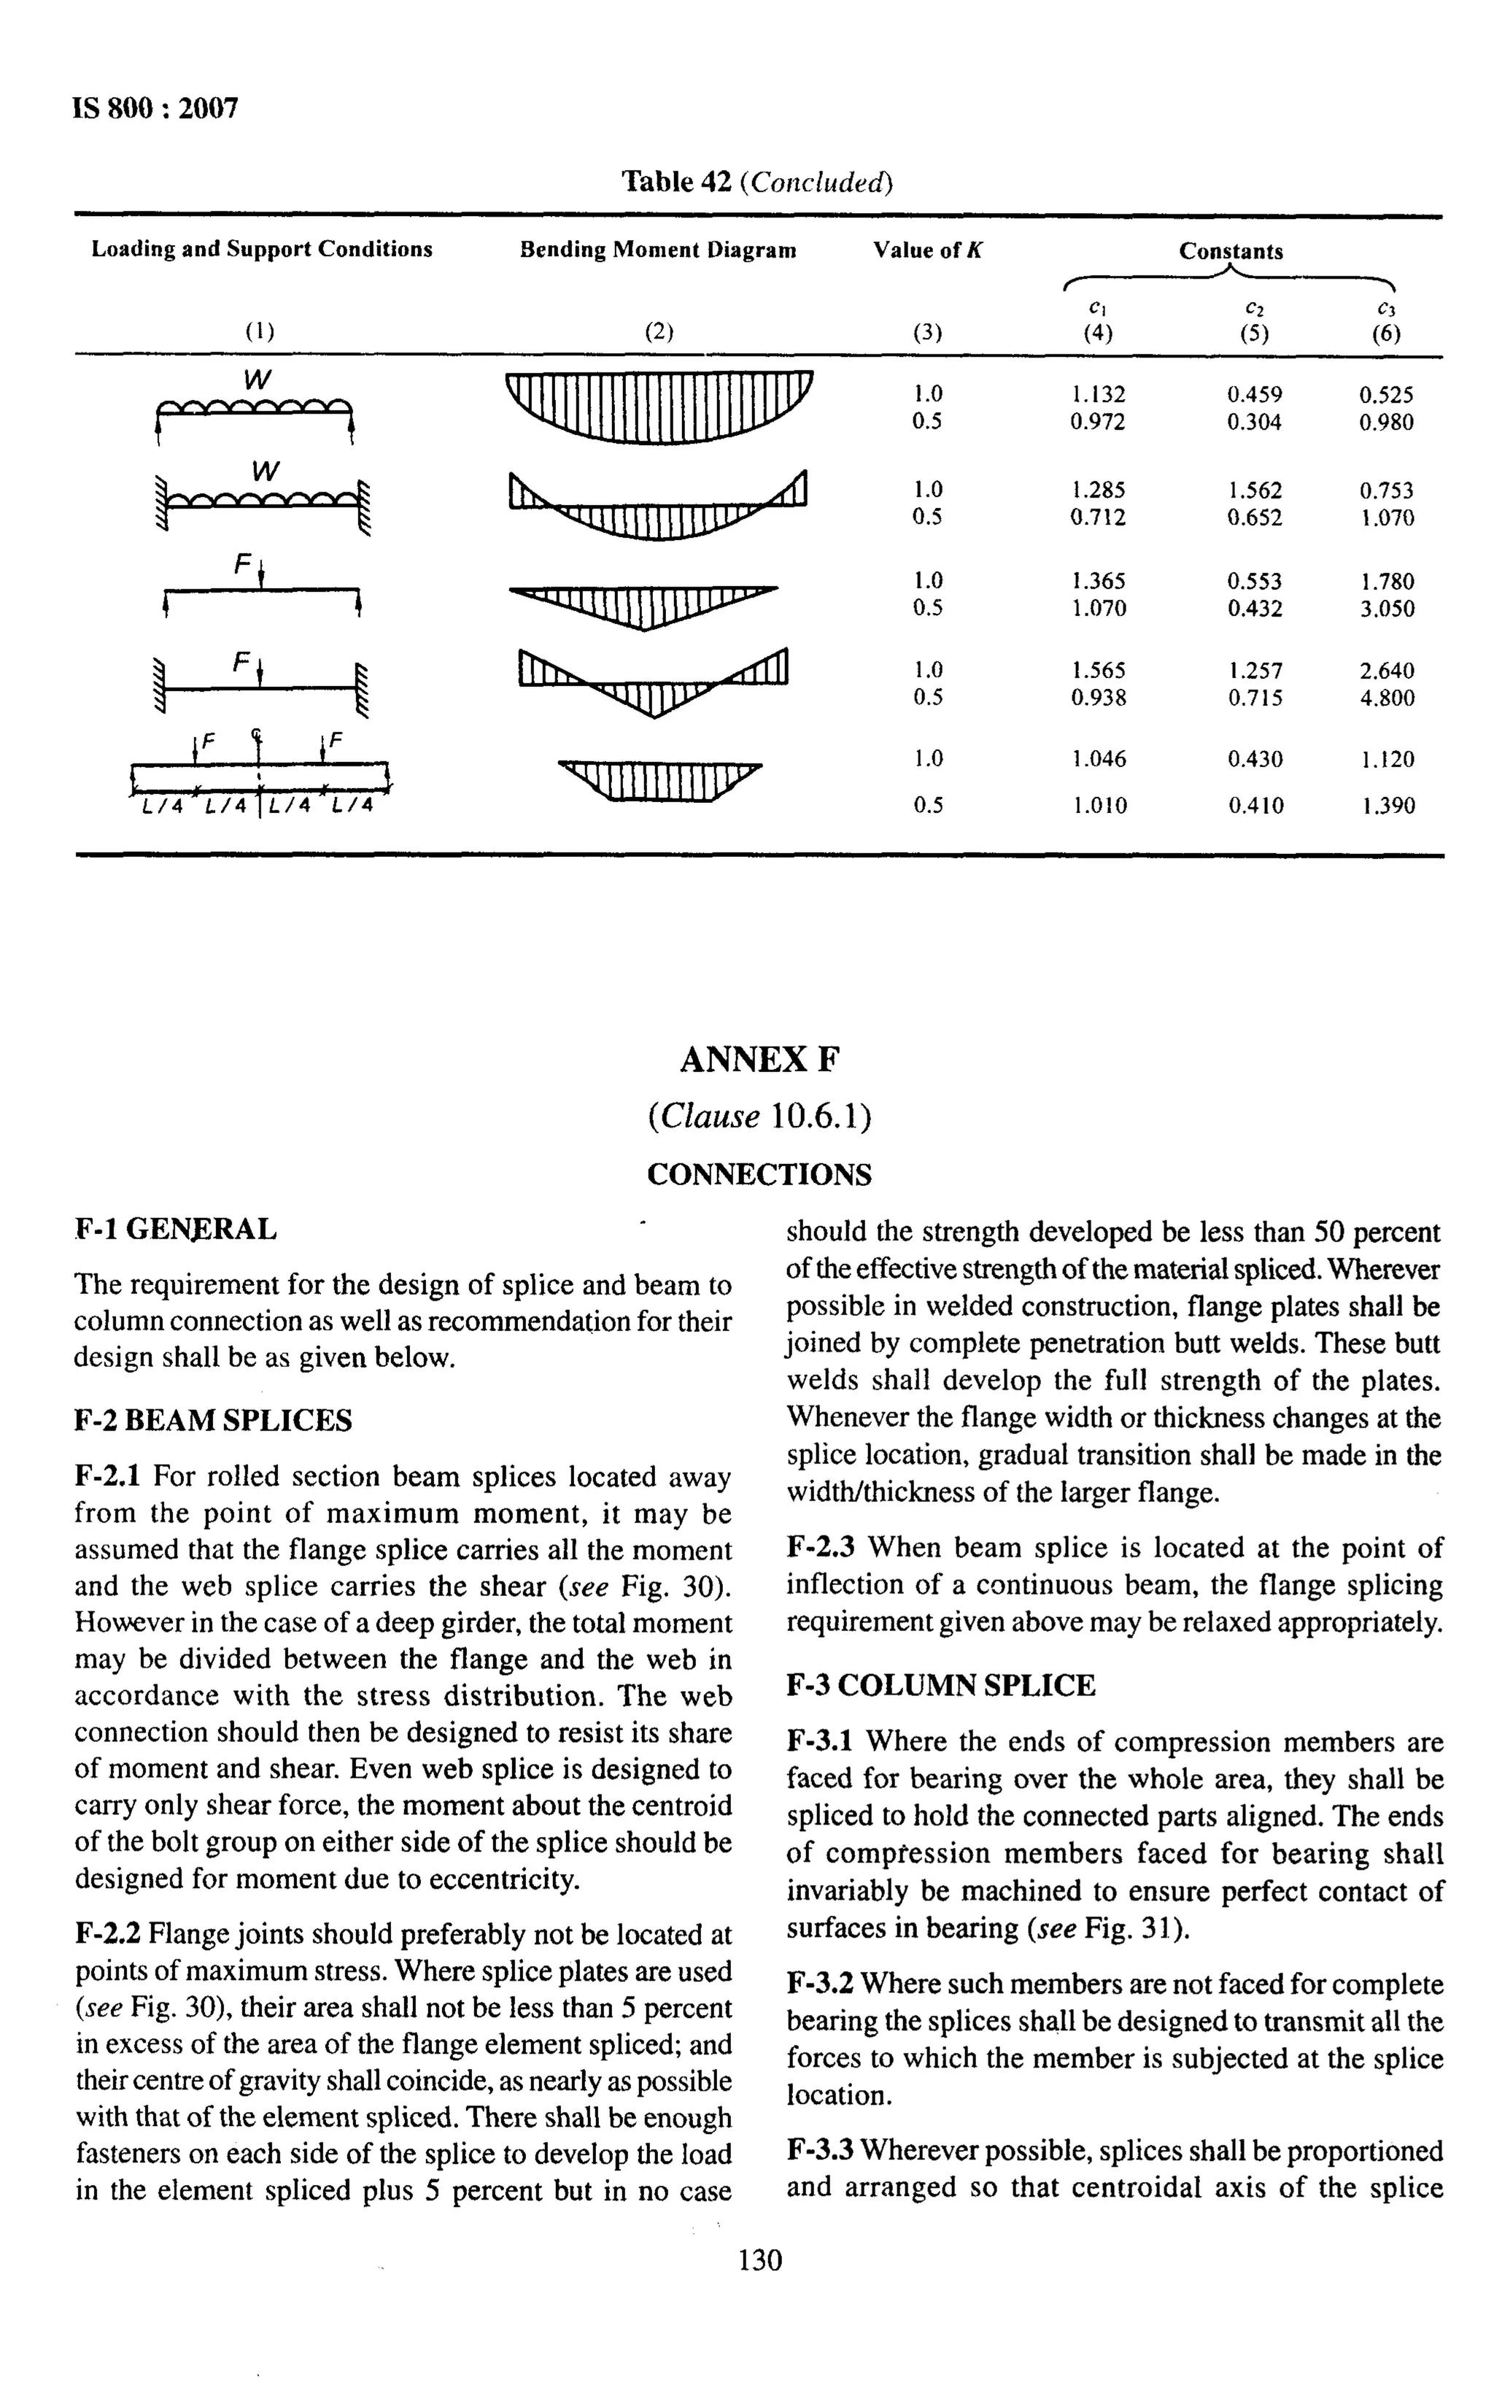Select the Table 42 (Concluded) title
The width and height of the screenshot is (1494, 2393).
click(757, 182)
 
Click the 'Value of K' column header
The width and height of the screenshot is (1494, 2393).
click(927, 250)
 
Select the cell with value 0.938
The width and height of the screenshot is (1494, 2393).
click(1098, 698)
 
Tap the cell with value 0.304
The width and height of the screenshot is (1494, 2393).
click(1254, 422)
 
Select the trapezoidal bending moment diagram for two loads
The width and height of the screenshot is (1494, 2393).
click(659, 781)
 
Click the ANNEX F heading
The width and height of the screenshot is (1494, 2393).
click(759, 1060)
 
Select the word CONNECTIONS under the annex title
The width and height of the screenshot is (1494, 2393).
click(759, 1174)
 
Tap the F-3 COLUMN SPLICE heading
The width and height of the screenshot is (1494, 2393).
click(940, 1685)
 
